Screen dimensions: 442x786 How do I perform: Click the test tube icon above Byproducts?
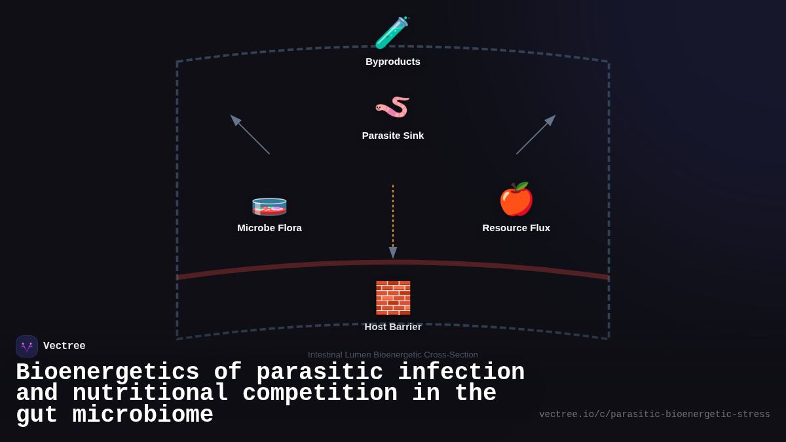coord(392,33)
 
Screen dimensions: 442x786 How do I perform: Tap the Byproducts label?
coord(393,62)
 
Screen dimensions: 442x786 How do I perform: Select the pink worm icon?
coord(392,107)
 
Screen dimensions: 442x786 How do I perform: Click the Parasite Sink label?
coord(393,136)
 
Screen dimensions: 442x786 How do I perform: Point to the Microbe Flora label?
coord(269,228)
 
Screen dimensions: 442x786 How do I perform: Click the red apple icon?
coord(516,199)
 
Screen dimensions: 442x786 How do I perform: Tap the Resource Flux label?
coord(516,228)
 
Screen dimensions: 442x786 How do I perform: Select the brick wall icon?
coord(393,298)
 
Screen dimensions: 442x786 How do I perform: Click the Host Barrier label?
coord(393,327)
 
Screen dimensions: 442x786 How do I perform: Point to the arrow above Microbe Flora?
coord(250,134)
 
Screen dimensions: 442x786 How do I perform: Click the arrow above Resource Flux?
coord(536,134)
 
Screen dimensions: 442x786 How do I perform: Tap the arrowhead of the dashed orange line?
coord(393,253)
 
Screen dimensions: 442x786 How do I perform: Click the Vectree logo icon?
coord(27,346)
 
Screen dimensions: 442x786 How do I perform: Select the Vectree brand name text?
coord(64,346)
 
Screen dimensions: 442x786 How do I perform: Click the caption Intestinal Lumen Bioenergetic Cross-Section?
coord(393,355)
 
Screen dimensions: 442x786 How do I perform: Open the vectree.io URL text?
coord(654,414)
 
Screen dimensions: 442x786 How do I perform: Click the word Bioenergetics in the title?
coord(107,373)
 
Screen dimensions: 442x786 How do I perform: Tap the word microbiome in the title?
coord(143,415)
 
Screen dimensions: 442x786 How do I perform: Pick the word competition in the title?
coord(320,394)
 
